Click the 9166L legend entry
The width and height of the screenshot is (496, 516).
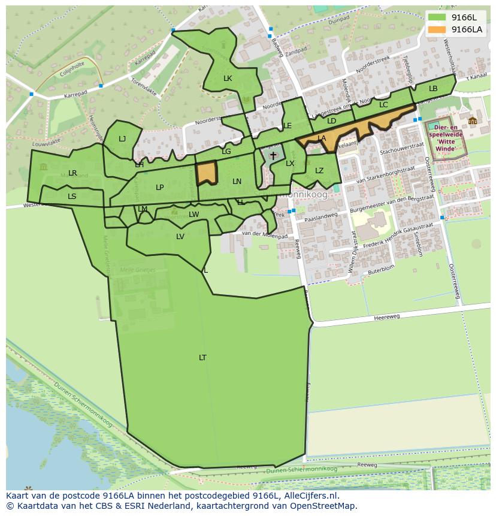pyautogui.click(x=455, y=17)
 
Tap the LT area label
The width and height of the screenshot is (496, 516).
pyautogui.click(x=202, y=358)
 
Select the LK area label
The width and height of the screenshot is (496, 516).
pyautogui.click(x=228, y=79)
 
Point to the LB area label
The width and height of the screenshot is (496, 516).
pyautogui.click(x=433, y=89)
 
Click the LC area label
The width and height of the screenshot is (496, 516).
pyautogui.click(x=383, y=105)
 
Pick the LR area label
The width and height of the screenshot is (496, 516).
pyautogui.click(x=72, y=173)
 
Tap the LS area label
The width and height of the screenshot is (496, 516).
pyautogui.click(x=72, y=197)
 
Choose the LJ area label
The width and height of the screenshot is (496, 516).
pyautogui.click(x=122, y=139)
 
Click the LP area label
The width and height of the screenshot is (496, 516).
pyautogui.click(x=160, y=188)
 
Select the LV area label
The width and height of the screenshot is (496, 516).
pyautogui.click(x=180, y=237)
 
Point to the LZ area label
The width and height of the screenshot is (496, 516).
pyautogui.click(x=319, y=171)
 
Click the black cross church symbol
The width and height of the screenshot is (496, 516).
pyautogui.click(x=273, y=156)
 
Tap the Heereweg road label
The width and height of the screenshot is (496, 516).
pyautogui.click(x=386, y=318)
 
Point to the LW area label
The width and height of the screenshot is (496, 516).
pyautogui.click(x=194, y=215)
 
